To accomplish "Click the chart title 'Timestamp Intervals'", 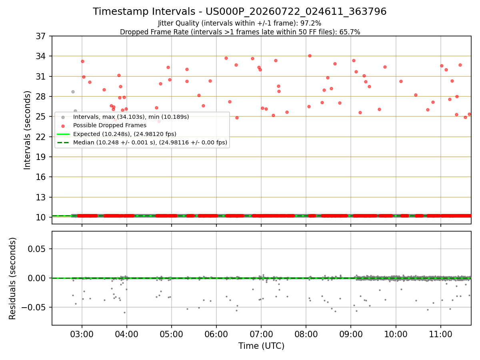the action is coord(144,11).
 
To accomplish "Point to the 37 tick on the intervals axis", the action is coord(41,36).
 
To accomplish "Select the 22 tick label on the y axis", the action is coord(41,137).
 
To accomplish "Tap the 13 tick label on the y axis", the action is coord(41,197).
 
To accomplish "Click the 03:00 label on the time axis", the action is coord(82,334).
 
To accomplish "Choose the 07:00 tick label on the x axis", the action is coord(261,334).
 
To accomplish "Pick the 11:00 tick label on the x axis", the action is coord(441,334).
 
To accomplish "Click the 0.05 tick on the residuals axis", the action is coord(36,249).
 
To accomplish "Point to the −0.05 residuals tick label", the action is coord(34,308).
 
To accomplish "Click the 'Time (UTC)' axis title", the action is coord(261,346).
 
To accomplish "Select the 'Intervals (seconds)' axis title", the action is coord(27,130).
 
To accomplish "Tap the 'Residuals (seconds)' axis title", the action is coord(12,278).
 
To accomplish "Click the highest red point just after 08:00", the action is coord(310,56).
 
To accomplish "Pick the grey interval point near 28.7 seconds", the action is coord(73,92).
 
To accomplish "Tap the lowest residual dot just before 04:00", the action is coord(125,313).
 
